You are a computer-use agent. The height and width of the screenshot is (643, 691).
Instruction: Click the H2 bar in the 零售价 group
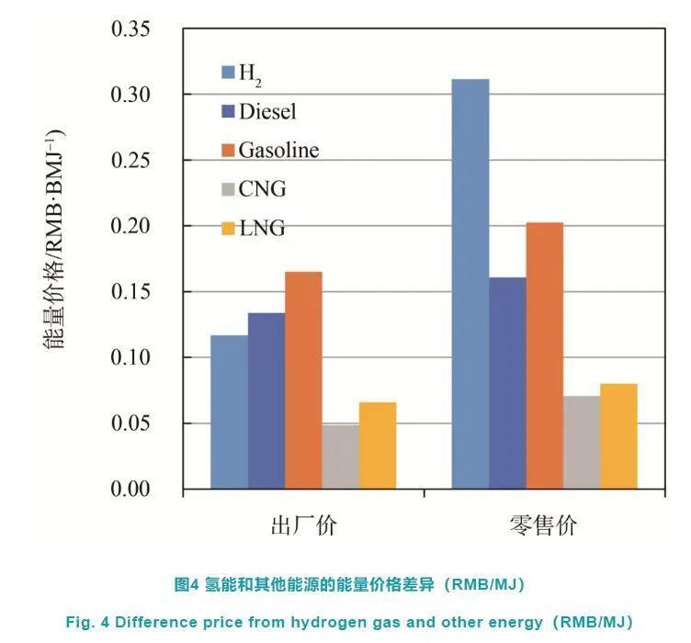pos(470,284)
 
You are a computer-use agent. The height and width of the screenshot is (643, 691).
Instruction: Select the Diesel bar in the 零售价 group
pos(507,383)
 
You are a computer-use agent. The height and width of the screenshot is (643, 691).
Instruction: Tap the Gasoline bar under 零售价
pos(544,355)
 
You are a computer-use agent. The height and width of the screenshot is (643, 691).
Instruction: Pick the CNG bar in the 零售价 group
pos(582,442)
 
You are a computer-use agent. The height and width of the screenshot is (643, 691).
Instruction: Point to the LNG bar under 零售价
pos(618,436)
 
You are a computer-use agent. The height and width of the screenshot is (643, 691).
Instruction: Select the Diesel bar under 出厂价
pos(266,400)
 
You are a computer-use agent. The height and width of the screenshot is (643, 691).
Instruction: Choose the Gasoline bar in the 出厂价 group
pos(303,380)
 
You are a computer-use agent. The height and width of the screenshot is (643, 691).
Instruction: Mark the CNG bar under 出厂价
pos(340,456)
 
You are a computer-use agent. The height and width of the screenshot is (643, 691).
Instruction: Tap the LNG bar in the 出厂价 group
pos(377,446)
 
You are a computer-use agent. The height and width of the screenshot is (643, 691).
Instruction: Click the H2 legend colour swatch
pos(228,71)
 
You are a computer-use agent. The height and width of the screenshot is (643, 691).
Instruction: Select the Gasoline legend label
pos(278,149)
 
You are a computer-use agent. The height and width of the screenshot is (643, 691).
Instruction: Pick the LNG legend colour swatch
pos(228,227)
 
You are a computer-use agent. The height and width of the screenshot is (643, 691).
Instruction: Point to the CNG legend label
pos(262,188)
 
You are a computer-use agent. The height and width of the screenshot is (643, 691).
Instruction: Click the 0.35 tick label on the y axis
pos(136,29)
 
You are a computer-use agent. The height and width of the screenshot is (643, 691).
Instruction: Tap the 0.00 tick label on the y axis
pos(136,489)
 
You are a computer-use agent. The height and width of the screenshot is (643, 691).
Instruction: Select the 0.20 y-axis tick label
pos(136,226)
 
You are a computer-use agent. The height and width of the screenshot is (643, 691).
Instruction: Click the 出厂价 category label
pos(303,525)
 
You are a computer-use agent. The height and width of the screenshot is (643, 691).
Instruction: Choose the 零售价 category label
pos(544,525)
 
